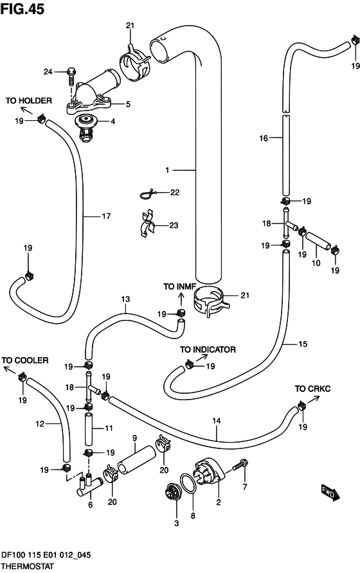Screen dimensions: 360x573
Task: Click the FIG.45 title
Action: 22,10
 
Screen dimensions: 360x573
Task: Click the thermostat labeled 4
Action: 86,128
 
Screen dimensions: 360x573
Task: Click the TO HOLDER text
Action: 29,100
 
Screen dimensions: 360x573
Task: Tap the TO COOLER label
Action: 25,360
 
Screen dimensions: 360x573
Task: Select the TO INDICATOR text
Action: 208,349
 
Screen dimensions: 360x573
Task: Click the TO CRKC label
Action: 312,389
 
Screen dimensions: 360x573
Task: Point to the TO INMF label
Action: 179,287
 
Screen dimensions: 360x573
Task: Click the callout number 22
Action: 175,193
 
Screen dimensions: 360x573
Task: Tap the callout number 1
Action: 167,170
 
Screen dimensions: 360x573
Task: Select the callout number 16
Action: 264,138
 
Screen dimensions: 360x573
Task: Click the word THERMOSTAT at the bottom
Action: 28,567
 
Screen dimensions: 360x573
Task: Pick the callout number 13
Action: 125,299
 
